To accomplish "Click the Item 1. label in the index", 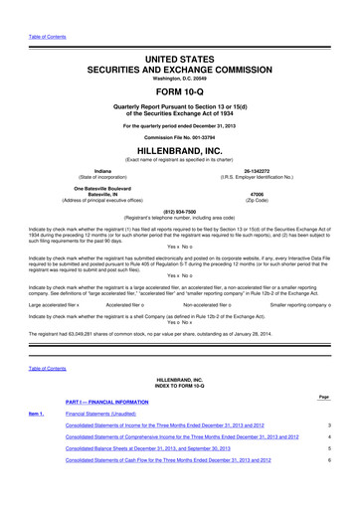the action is (x=35, y=438).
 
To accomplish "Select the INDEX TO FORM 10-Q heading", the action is (x=179, y=415).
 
